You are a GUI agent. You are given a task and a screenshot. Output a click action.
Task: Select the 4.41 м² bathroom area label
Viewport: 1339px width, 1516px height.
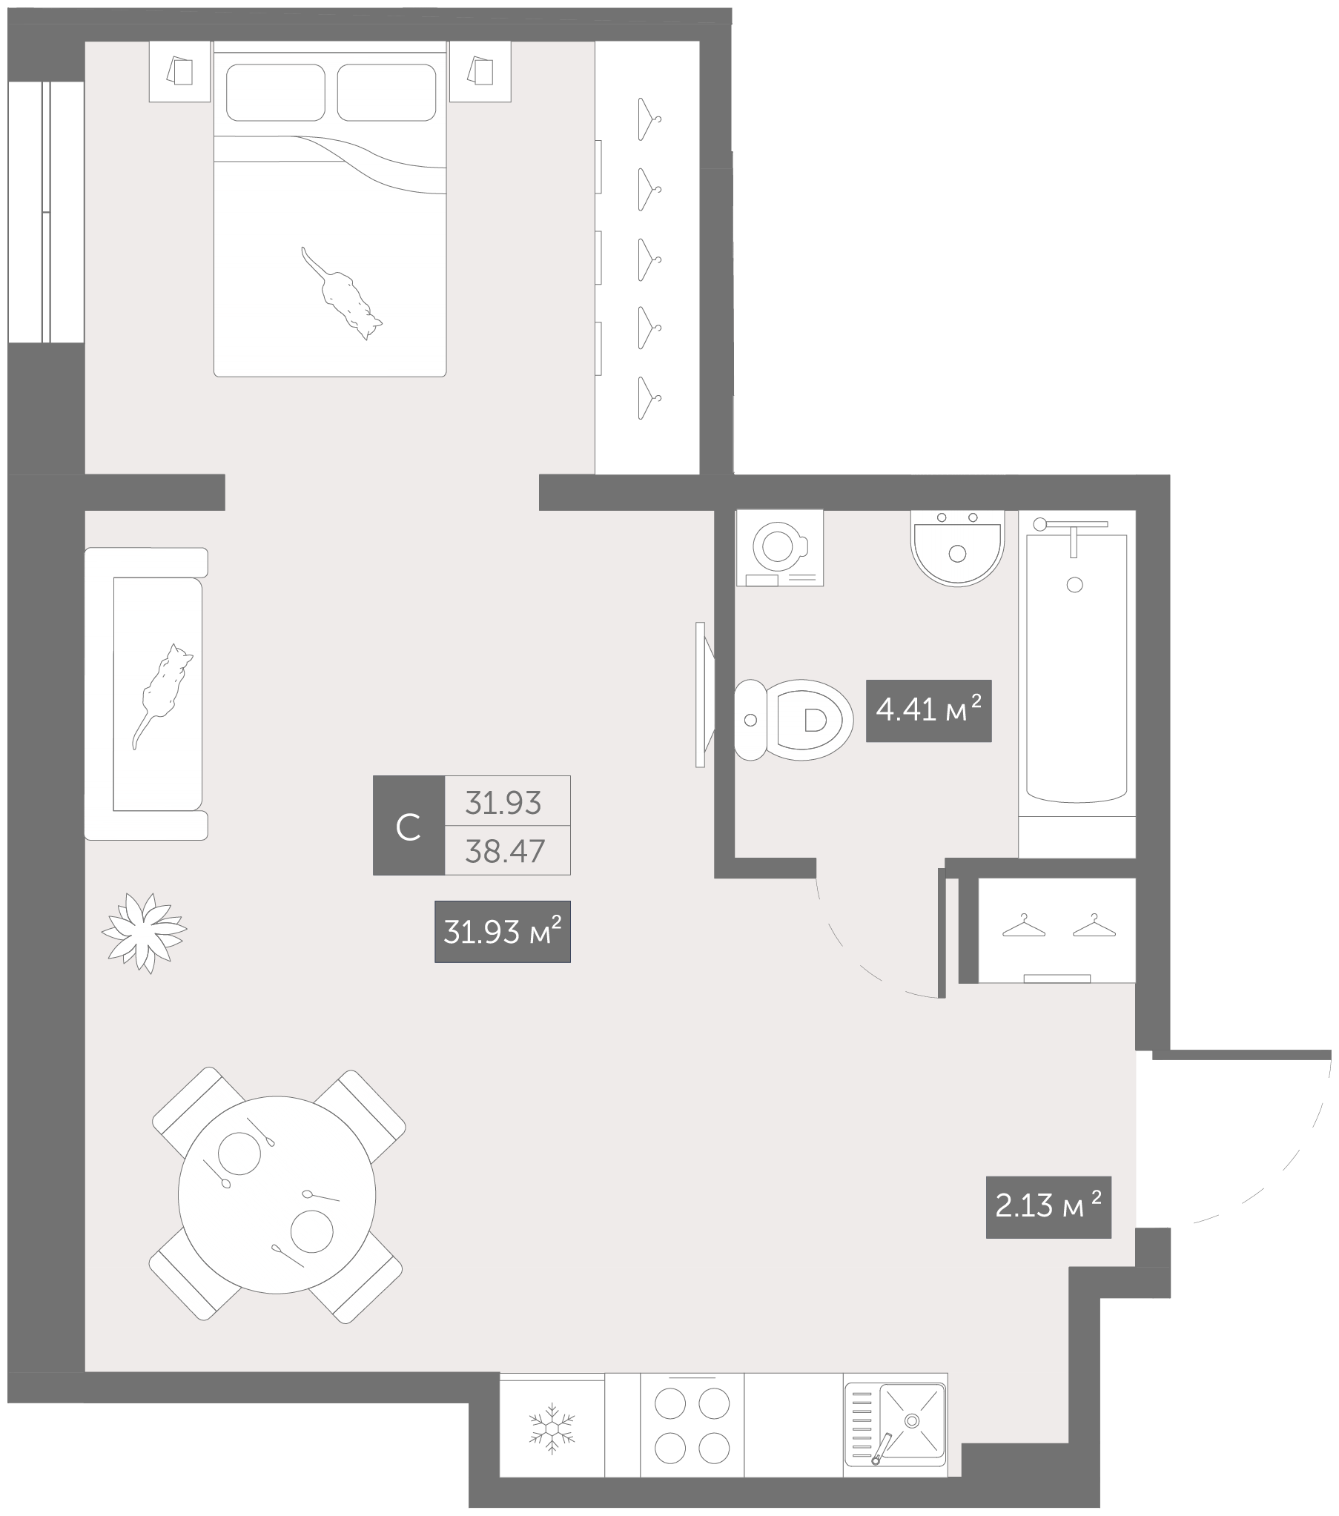pyautogui.click(x=929, y=710)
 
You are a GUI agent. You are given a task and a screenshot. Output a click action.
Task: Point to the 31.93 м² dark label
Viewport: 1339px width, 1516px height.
pyautogui.click(x=502, y=932)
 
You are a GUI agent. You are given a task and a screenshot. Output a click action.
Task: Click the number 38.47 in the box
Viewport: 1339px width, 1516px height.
pyautogui.click(x=505, y=852)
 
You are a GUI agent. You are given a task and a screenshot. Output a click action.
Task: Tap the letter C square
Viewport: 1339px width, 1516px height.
pyautogui.click(x=409, y=826)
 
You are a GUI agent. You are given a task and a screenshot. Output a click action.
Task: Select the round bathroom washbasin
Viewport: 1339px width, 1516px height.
pyautogui.click(x=957, y=547)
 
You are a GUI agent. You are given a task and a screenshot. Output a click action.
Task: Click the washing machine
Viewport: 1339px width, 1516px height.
pyautogui.click(x=780, y=547)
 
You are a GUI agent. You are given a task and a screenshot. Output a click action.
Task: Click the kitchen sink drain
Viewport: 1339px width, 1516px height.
pyautogui.click(x=912, y=1420)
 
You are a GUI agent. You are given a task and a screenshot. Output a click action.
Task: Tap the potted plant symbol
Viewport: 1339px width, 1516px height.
pyautogui.click(x=144, y=933)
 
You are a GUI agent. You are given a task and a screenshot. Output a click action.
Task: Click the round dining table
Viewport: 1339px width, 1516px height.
pyautogui.click(x=277, y=1195)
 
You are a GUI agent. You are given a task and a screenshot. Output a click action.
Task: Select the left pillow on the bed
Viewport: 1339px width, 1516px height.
pyautogui.click(x=276, y=93)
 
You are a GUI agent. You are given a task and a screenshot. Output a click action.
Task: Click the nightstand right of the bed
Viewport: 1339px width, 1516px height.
pyautogui.click(x=480, y=71)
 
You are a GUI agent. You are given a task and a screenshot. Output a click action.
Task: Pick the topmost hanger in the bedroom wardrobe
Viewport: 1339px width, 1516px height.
pyautogui.click(x=649, y=119)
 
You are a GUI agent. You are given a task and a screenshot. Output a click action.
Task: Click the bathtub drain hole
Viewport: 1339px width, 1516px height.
pyautogui.click(x=1074, y=585)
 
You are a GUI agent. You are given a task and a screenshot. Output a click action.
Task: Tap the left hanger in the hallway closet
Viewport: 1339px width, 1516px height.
pyautogui.click(x=1024, y=927)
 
